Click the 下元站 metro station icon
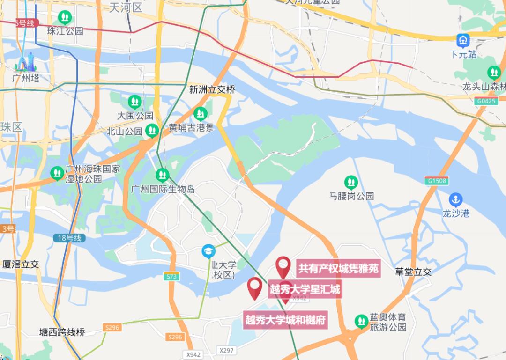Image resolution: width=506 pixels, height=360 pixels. pyautogui.click(x=463, y=40)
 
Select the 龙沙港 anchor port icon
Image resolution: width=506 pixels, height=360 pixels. pyautogui.click(x=455, y=199)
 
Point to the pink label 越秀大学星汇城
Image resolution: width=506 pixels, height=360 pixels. pyautogui.click(x=305, y=289)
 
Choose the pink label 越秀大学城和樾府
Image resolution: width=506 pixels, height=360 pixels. pyautogui.click(x=285, y=320)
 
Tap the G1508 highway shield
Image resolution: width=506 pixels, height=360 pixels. pyautogui.click(x=437, y=180)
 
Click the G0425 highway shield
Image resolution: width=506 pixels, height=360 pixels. pyautogui.click(x=486, y=101)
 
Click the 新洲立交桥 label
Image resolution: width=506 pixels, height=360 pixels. pyautogui.click(x=212, y=89)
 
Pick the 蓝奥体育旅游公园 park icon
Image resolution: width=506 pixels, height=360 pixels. pyautogui.click(x=361, y=321)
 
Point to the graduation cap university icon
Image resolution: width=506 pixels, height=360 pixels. pyautogui.click(x=208, y=251)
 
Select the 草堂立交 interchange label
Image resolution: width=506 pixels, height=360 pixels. pyautogui.click(x=413, y=272)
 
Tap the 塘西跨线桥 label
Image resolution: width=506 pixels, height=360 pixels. pyautogui.click(x=62, y=332)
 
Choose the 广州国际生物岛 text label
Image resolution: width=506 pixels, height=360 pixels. pyautogui.click(x=163, y=189)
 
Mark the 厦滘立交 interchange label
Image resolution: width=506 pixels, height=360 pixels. pyautogui.click(x=20, y=264)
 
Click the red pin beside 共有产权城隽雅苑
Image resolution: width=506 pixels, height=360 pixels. pyautogui.click(x=283, y=267)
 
